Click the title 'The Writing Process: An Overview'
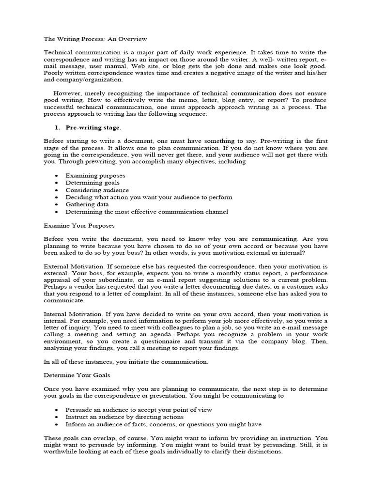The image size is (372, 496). click(x=95, y=38)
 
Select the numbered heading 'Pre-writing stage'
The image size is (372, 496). click(x=93, y=127)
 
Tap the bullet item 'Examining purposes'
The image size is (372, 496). click(x=95, y=175)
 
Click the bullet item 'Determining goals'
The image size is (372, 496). click(x=93, y=183)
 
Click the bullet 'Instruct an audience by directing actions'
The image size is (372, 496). click(x=124, y=417)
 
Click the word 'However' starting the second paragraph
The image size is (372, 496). click(x=66, y=93)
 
